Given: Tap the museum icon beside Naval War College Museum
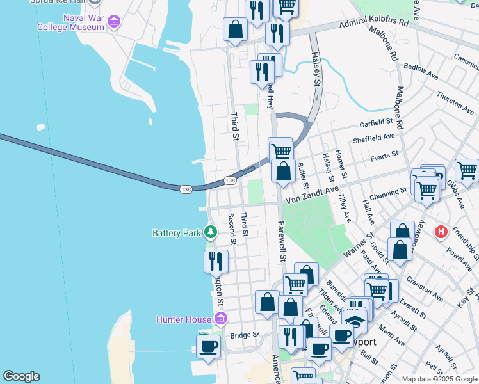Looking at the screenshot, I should [x=113, y=22].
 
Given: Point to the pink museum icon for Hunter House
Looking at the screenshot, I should [x=220, y=318].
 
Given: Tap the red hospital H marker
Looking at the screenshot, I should [x=441, y=231].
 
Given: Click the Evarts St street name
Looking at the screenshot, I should [x=384, y=154].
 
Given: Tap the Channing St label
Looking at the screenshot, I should [x=387, y=191].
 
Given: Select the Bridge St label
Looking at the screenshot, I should [x=244, y=335].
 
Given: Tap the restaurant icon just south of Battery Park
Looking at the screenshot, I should [x=216, y=260].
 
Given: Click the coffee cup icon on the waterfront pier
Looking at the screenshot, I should [x=207, y=346].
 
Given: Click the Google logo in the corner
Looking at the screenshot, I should [x=21, y=376].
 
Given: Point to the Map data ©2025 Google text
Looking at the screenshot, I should [x=439, y=379].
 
